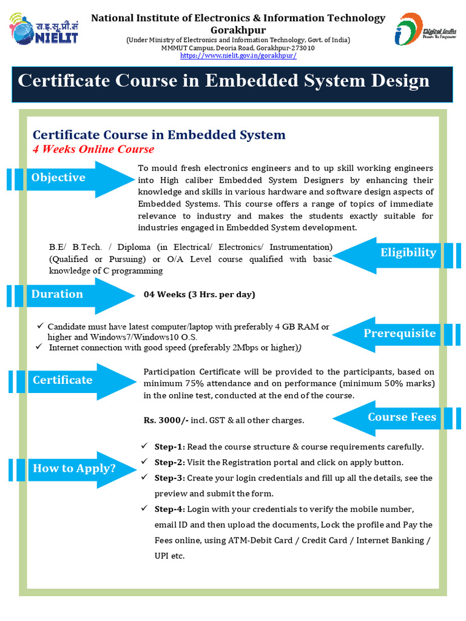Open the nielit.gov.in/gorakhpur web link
pyautogui.click(x=238, y=56)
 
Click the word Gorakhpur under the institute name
pyautogui.click(x=238, y=30)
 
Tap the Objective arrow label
pyautogui.click(x=59, y=178)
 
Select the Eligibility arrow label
pyautogui.click(x=408, y=253)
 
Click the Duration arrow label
pyautogui.click(x=58, y=294)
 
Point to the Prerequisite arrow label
pyautogui.click(x=399, y=334)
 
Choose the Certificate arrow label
pyautogui.click(x=62, y=380)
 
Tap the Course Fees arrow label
pyautogui.click(x=402, y=417)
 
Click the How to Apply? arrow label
pyautogui.click(x=74, y=468)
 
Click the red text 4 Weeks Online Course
pyautogui.click(x=93, y=149)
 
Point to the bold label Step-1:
pyautogui.click(x=169, y=447)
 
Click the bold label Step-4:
pyautogui.click(x=169, y=509)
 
